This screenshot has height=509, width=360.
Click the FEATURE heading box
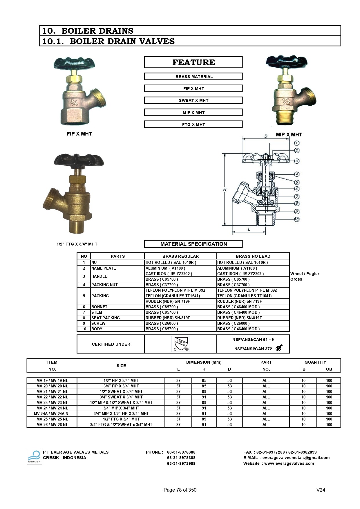pyautogui.click(x=193, y=62)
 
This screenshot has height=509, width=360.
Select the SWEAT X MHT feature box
pyautogui.click(x=193, y=100)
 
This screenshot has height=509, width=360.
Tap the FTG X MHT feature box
pyautogui.click(x=193, y=124)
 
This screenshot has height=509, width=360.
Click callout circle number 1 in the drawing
pyautogui.click(x=296, y=143)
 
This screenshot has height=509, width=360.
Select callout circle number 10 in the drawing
pyautogui.click(x=296, y=219)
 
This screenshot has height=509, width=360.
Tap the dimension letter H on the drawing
pyautogui.click(x=225, y=190)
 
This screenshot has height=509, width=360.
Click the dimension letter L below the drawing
pyautogui.click(x=249, y=229)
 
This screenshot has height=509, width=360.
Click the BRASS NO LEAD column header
pyautogui.click(x=253, y=256)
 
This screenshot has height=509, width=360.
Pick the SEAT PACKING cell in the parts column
pyautogui.click(x=105, y=318)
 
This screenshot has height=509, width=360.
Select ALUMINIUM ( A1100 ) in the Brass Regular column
pyautogui.click(x=165, y=268)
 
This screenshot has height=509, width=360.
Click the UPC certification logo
pyautogui.click(x=180, y=344)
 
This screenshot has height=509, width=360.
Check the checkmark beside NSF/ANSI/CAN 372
pyautogui.click(x=279, y=348)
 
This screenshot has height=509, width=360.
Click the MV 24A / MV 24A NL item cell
pyautogui.click(x=52, y=414)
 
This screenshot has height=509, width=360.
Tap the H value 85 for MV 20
pyautogui.click(x=204, y=386)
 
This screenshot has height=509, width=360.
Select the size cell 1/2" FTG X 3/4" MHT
pyautogui.click(x=121, y=419)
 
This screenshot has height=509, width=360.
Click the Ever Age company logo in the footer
pyautogui.click(x=35, y=457)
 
